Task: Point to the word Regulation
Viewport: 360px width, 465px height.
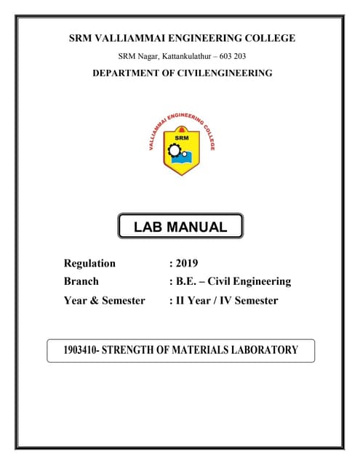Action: coord(89,264)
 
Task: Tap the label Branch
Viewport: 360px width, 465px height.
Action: coord(81,281)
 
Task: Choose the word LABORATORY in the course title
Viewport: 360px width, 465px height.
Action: coord(265,350)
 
